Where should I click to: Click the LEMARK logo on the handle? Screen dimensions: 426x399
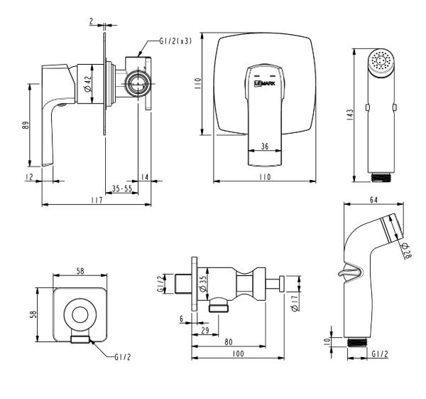click(x=265, y=83)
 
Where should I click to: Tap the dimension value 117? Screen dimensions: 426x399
click(x=97, y=200)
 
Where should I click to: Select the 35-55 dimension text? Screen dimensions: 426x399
click(x=121, y=188)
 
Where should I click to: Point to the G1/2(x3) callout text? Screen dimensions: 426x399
click(x=175, y=41)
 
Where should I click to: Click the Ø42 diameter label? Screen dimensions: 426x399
click(x=88, y=84)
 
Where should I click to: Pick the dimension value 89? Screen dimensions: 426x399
click(x=26, y=125)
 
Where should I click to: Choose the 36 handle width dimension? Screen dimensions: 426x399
click(x=265, y=147)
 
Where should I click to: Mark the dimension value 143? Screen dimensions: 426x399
click(x=350, y=115)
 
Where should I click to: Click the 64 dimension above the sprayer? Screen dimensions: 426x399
click(x=373, y=200)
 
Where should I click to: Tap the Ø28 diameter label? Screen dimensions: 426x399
click(x=407, y=250)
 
